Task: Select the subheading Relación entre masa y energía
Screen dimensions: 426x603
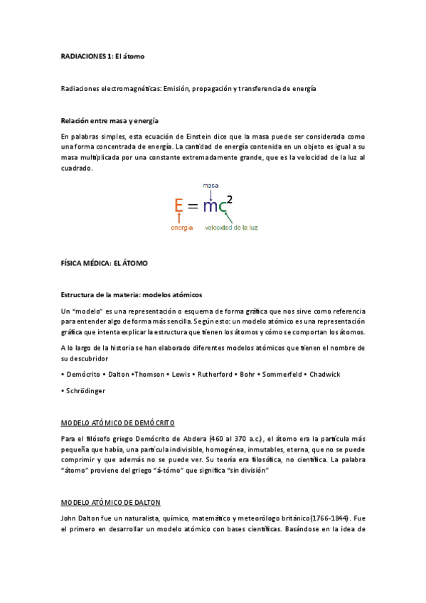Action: (110, 120)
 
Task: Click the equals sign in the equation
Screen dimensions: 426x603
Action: (194, 206)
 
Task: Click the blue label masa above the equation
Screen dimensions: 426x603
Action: (211, 186)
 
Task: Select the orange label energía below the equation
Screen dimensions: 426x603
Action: (183, 228)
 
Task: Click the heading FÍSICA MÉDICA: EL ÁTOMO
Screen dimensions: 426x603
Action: (105, 262)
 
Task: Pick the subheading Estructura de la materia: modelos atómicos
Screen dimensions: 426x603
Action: (132, 294)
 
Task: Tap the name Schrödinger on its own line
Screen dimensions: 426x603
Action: (87, 390)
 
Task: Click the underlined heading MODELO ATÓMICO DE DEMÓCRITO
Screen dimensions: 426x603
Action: (117, 422)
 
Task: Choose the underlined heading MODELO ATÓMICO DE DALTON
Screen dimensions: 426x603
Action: (111, 503)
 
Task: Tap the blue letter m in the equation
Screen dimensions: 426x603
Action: (211, 206)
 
